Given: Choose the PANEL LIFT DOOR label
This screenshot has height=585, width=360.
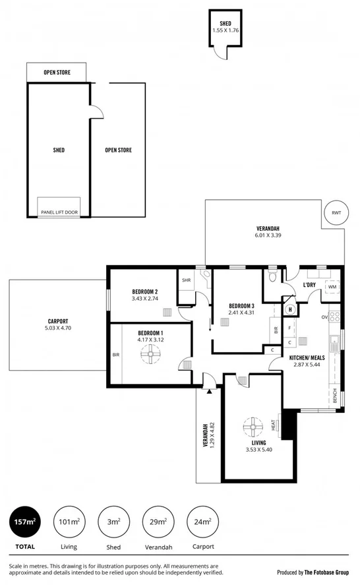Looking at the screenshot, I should [59, 212].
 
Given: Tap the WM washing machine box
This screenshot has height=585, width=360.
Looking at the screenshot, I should [332, 287].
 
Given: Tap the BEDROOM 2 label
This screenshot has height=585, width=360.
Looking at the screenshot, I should [144, 291].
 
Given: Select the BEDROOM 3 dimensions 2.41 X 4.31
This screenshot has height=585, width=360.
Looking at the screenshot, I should [241, 313].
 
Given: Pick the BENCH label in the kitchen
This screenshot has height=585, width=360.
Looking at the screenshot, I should [335, 396].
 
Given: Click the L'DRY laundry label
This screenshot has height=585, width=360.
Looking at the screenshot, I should [311, 284].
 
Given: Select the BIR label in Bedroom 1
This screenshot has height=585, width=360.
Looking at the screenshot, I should [116, 354].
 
